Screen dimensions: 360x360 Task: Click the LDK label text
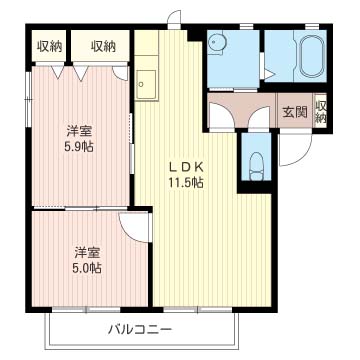(187, 165)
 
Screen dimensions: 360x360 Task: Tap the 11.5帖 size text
(187, 182)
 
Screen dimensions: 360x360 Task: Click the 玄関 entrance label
(293, 112)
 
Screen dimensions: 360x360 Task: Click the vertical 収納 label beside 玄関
(321, 112)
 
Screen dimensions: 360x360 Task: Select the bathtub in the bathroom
(307, 58)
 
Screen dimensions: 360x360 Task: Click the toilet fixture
(256, 163)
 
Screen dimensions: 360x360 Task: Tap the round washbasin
(219, 45)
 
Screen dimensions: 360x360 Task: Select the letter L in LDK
(172, 165)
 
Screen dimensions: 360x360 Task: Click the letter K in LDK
(201, 165)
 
